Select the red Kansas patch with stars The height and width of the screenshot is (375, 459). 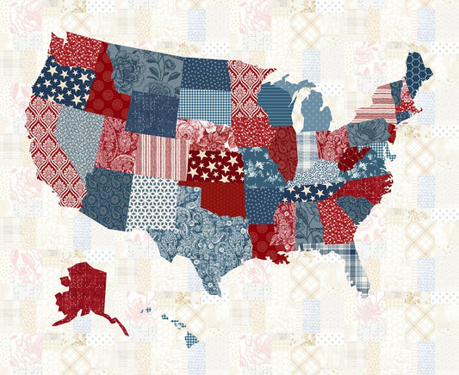[215, 164]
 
